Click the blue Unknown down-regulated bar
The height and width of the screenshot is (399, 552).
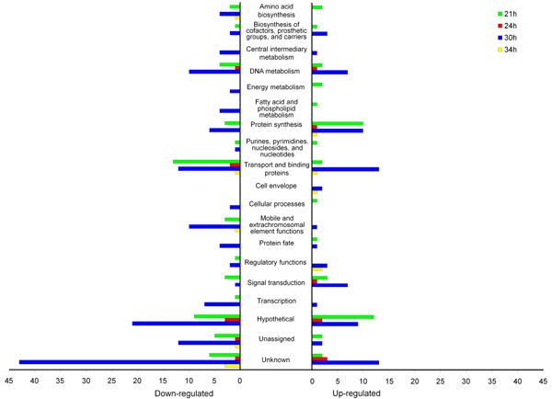coord(129,361)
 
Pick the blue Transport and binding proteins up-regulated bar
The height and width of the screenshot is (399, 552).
coord(346,169)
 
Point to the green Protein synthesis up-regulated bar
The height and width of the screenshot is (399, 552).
coord(338,123)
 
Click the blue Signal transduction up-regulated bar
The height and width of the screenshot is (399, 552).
coord(330,285)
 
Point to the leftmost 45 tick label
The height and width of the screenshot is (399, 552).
coord(9,381)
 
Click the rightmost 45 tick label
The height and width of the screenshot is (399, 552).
coord(543,381)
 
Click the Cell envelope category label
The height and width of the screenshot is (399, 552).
coord(276,186)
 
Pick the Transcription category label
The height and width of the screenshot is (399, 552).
coord(276,301)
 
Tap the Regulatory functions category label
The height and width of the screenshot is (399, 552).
coord(276,263)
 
